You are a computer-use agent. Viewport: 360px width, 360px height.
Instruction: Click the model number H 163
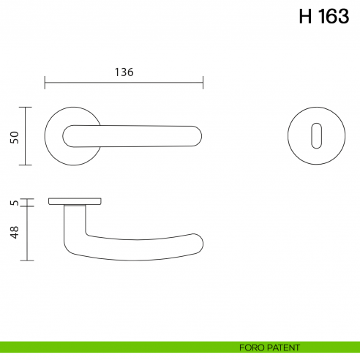[323, 17]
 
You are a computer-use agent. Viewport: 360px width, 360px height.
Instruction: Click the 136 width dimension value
[124, 72]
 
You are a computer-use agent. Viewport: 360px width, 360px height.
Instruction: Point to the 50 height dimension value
[14, 137]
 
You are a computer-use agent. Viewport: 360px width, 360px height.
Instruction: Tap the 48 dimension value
[14, 233]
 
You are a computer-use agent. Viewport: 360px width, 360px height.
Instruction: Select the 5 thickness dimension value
[14, 203]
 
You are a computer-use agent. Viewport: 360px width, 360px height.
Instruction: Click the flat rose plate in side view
[74, 200]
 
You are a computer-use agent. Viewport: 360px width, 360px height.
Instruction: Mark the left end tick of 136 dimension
[45, 81]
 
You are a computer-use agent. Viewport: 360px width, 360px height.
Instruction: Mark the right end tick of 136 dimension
[203, 81]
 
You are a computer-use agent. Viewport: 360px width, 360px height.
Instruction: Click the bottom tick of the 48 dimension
[27, 260]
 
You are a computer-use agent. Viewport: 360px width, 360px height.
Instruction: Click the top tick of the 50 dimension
[27, 107]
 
